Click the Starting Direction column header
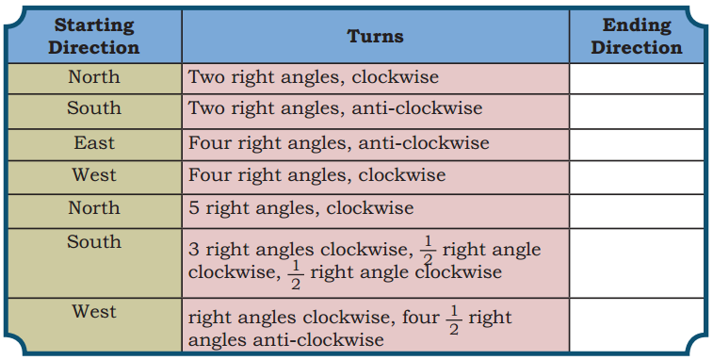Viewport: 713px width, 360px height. click(x=93, y=36)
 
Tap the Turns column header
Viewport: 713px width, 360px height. click(x=375, y=37)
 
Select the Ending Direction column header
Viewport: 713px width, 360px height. click(x=636, y=36)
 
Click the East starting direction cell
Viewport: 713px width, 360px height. click(x=93, y=143)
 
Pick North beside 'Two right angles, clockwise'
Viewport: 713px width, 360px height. click(x=93, y=77)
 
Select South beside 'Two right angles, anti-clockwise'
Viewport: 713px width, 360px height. click(x=93, y=108)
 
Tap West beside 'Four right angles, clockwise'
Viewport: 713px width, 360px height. click(x=93, y=175)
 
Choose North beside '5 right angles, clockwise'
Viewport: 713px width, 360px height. click(x=93, y=207)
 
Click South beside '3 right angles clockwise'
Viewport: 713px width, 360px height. click(x=93, y=242)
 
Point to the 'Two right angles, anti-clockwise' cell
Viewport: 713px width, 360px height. click(x=335, y=108)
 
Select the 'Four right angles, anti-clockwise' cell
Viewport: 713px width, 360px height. click(x=339, y=143)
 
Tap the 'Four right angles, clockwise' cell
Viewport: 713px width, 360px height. click(x=317, y=175)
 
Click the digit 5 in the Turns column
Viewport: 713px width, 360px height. click(x=194, y=208)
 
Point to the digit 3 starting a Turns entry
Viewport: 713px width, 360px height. click(x=194, y=252)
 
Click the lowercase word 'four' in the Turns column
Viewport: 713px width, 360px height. click(x=421, y=318)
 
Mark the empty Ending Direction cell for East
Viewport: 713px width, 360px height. click(x=636, y=143)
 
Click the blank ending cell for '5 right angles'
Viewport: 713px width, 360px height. click(x=636, y=208)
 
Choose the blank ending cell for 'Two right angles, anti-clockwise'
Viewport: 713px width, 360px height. click(x=636, y=108)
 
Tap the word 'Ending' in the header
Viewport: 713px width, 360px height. click(x=636, y=25)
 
